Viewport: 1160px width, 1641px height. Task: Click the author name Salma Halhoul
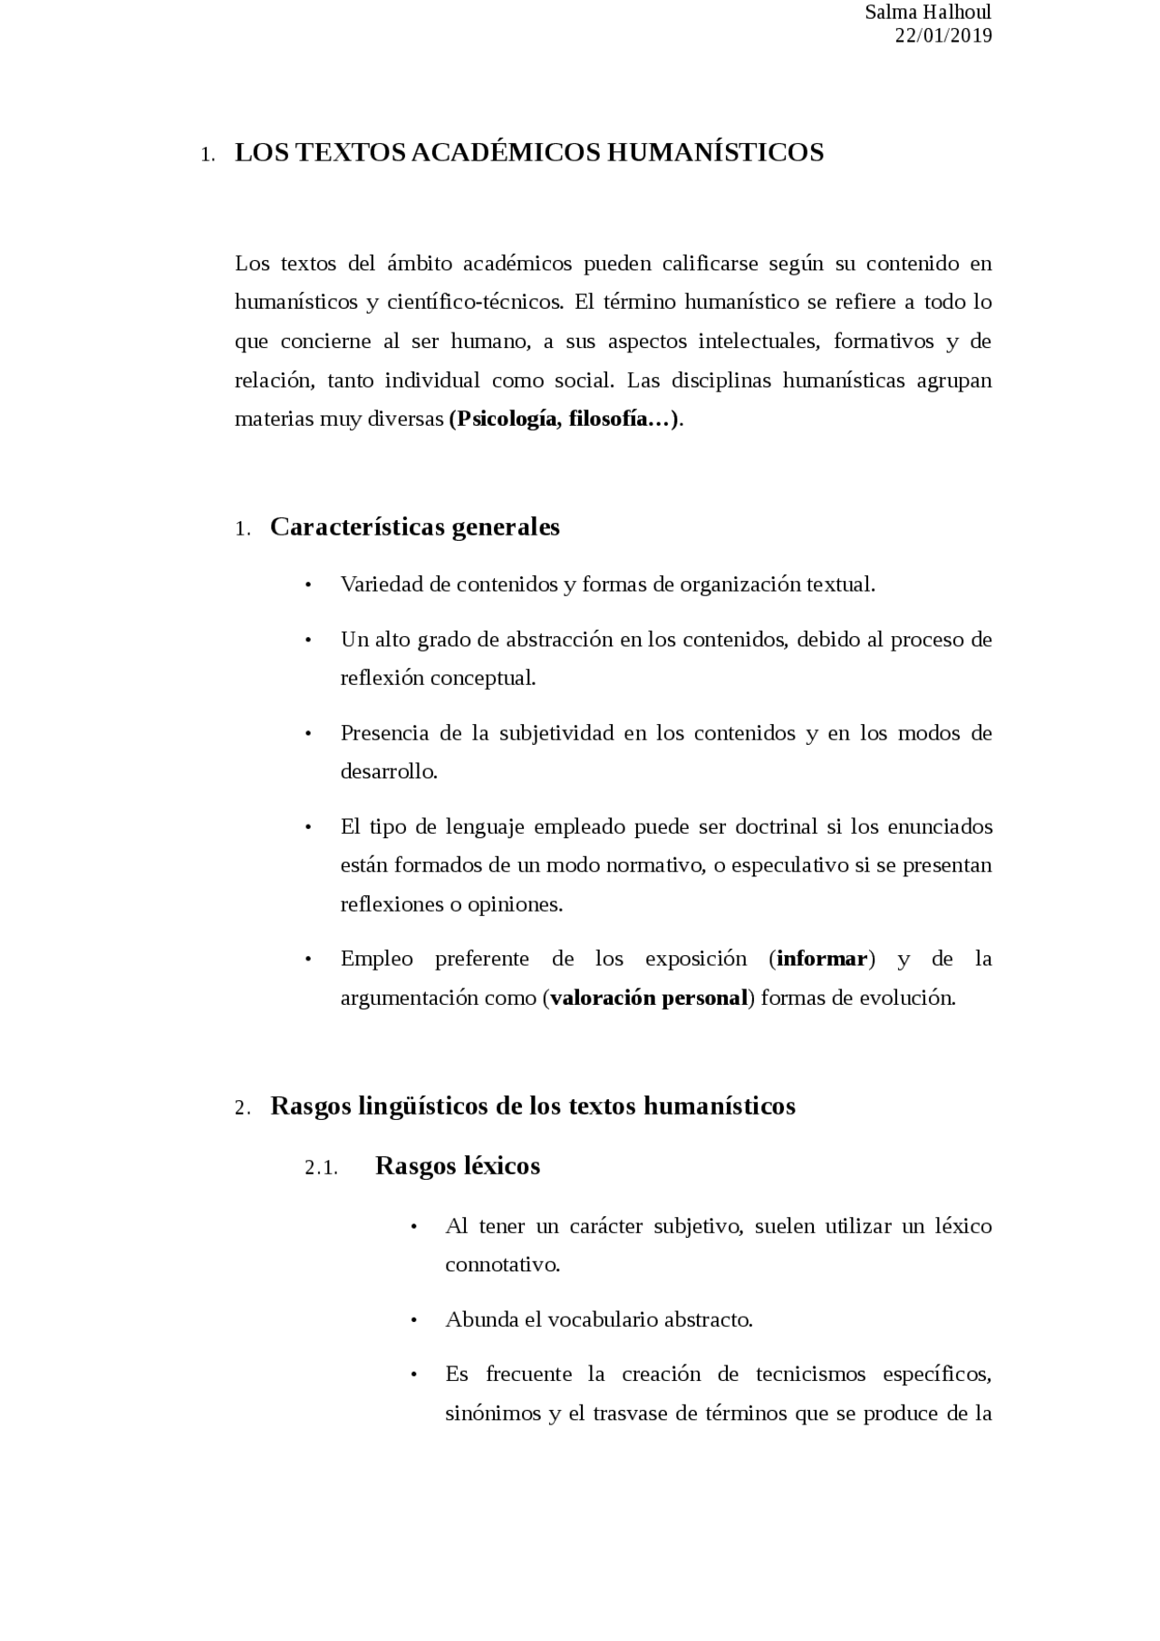coord(928,13)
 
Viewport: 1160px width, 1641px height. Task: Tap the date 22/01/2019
coord(942,36)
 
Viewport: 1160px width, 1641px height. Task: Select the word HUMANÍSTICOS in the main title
coord(715,152)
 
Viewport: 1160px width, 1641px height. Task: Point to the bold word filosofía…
coord(620,420)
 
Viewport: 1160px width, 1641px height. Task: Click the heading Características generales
coord(414,527)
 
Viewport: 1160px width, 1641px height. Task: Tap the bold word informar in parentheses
coord(822,959)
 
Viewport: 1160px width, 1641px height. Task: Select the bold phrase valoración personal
coord(649,999)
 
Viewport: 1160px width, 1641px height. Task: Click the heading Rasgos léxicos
coord(458,1166)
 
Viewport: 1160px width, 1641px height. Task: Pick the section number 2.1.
coord(322,1168)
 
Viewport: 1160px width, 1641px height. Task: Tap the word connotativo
coord(502,1265)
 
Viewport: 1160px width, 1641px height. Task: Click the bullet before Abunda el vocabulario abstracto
coord(414,1321)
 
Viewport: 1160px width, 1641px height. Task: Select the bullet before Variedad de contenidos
coord(309,585)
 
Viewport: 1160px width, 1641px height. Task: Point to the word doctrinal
coord(777,827)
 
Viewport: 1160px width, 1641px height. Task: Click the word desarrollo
coord(389,772)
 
